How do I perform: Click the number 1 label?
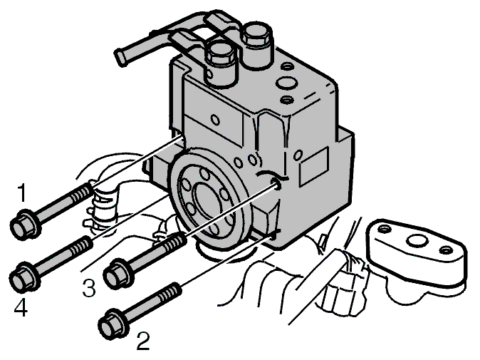tap(21, 192)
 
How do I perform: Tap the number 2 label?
tap(143, 341)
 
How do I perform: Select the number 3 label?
tap(89, 288)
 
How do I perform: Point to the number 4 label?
tap(21, 307)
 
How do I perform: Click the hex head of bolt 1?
tap(23, 225)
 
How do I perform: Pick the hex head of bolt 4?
tap(23, 277)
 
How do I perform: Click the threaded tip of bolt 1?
tap(83, 191)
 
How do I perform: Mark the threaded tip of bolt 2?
tap(169, 292)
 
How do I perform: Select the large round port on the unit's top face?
tap(286, 82)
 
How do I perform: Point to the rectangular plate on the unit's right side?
tap(313, 166)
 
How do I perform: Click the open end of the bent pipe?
tap(120, 57)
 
